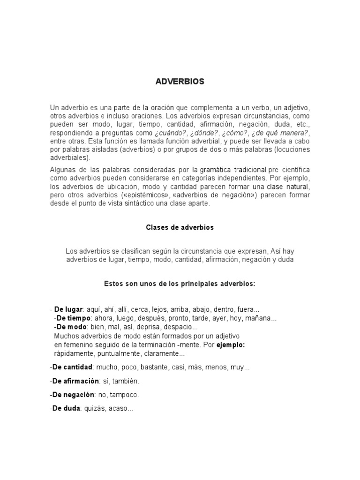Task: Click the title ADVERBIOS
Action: tap(180, 82)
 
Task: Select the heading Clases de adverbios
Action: tap(180, 227)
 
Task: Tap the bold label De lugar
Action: tap(68, 310)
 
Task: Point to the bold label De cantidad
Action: tap(73, 367)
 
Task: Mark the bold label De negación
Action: tap(75, 395)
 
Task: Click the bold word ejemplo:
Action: tap(230, 345)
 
